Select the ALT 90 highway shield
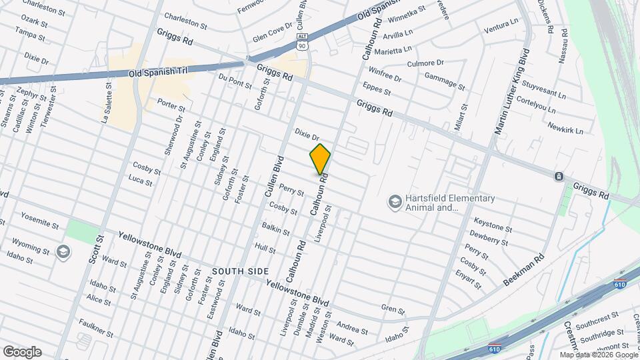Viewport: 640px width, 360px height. (303, 41)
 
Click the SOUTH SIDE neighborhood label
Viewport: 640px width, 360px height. (241, 271)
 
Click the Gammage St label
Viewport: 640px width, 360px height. (444, 81)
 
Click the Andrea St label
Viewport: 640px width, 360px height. (353, 328)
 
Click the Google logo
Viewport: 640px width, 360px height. (22, 351)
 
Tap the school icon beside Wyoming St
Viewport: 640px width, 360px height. (63, 251)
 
